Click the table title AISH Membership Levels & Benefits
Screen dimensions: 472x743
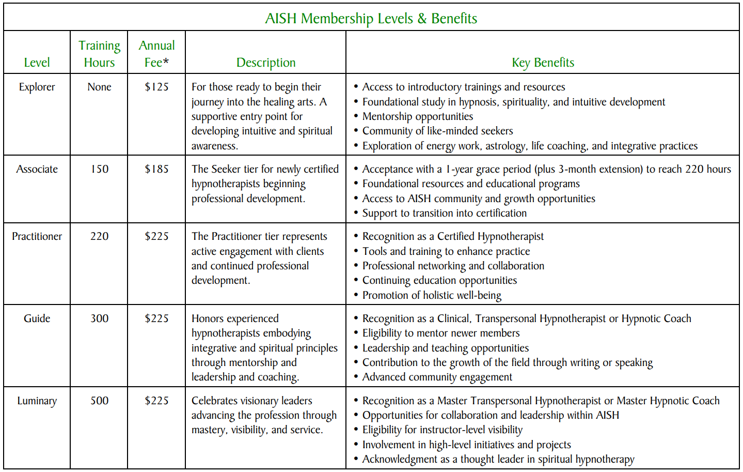coord(371,19)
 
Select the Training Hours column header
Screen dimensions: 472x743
coord(99,54)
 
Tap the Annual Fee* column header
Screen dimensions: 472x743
coord(156,54)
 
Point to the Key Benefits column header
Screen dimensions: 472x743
coord(543,63)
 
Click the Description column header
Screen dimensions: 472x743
coord(266,63)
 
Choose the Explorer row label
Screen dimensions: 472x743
coord(37,87)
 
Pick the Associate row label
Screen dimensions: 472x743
coord(37,169)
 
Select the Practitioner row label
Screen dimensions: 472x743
coord(37,236)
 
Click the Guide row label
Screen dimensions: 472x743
coord(37,318)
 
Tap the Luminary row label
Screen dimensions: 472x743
coord(37,401)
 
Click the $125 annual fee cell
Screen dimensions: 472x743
coord(156,87)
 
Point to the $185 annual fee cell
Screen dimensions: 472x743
coord(156,169)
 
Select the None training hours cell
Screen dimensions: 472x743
coord(99,87)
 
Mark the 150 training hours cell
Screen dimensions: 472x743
coord(99,169)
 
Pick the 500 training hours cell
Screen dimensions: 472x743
coord(99,401)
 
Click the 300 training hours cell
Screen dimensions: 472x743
coord(99,318)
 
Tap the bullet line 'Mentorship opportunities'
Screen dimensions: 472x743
coord(417,116)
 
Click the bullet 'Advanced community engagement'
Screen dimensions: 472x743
coord(437,377)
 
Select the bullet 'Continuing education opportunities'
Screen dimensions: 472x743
coord(439,280)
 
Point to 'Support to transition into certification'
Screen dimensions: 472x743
coord(444,213)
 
